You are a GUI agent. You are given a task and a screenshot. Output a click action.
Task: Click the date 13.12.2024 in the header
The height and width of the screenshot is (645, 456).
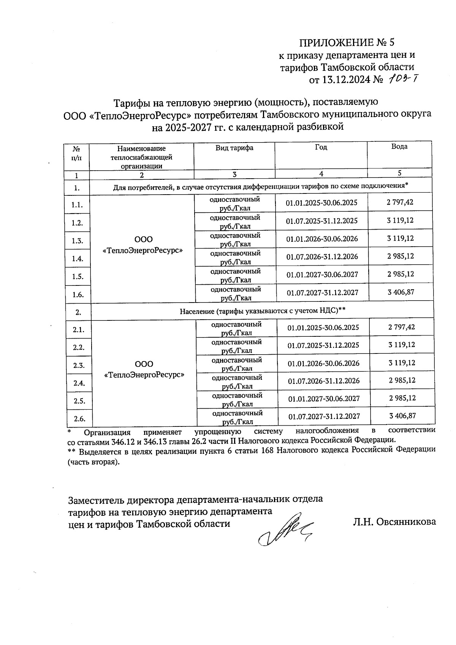tap(346, 80)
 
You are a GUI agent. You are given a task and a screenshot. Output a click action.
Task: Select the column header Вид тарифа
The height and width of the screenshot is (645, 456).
tap(234, 148)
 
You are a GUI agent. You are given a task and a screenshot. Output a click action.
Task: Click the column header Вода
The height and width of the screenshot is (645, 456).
tap(399, 146)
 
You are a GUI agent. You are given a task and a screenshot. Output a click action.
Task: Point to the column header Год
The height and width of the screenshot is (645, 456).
tap(321, 147)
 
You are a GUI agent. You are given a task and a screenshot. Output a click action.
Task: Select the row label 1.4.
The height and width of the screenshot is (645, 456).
tap(78, 258)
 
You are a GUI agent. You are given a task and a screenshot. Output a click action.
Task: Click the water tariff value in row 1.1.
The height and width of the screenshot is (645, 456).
tap(400, 202)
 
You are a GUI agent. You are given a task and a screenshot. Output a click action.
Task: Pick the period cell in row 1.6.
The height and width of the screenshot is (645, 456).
tap(322, 292)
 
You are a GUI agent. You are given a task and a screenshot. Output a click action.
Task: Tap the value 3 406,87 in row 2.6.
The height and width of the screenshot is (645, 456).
tap(402, 415)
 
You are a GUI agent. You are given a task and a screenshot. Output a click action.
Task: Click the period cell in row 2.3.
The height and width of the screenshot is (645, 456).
tap(323, 363)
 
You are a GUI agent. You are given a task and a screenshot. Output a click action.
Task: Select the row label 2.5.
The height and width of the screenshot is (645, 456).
tap(79, 401)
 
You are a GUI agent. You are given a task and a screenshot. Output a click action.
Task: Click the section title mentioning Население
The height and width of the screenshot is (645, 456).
tap(262, 311)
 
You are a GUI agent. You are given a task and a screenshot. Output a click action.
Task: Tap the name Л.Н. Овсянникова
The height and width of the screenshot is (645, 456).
tap(394, 522)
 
